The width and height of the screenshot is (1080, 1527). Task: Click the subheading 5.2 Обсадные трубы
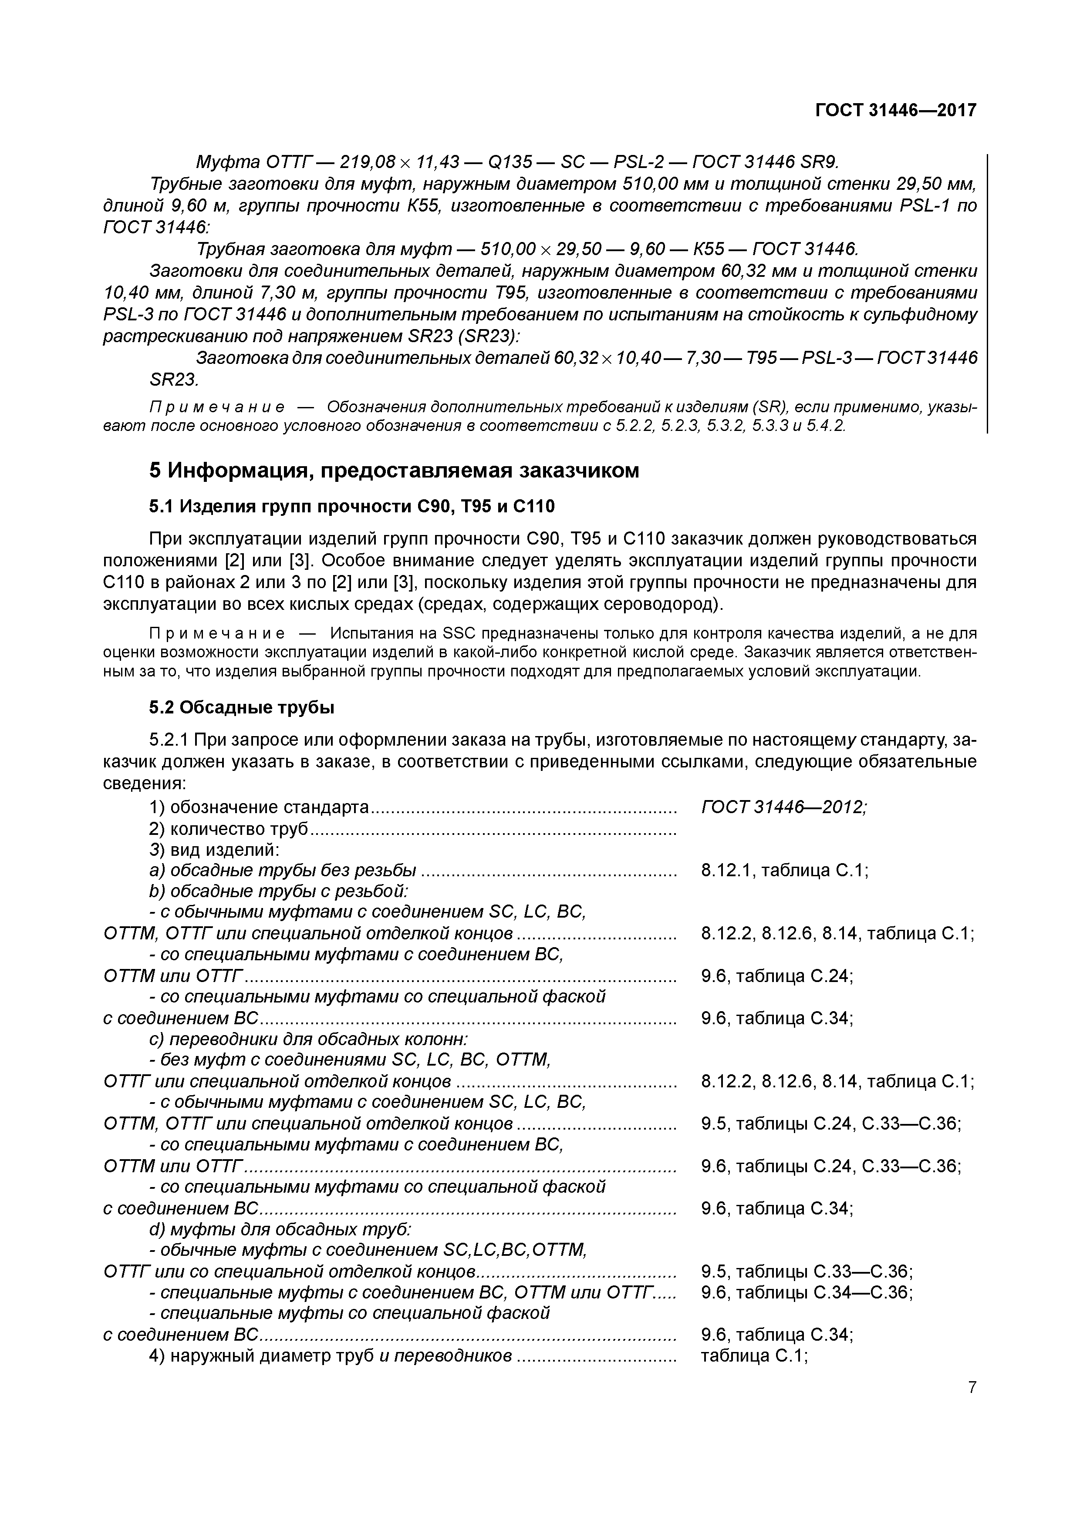pyautogui.click(x=241, y=708)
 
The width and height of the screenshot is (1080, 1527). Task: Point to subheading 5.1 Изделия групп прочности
pyautogui.click(x=351, y=507)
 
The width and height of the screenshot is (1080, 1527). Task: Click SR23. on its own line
pyautogui.click(x=174, y=379)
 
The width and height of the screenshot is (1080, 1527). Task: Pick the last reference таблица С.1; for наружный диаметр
pyautogui.click(x=754, y=1355)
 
